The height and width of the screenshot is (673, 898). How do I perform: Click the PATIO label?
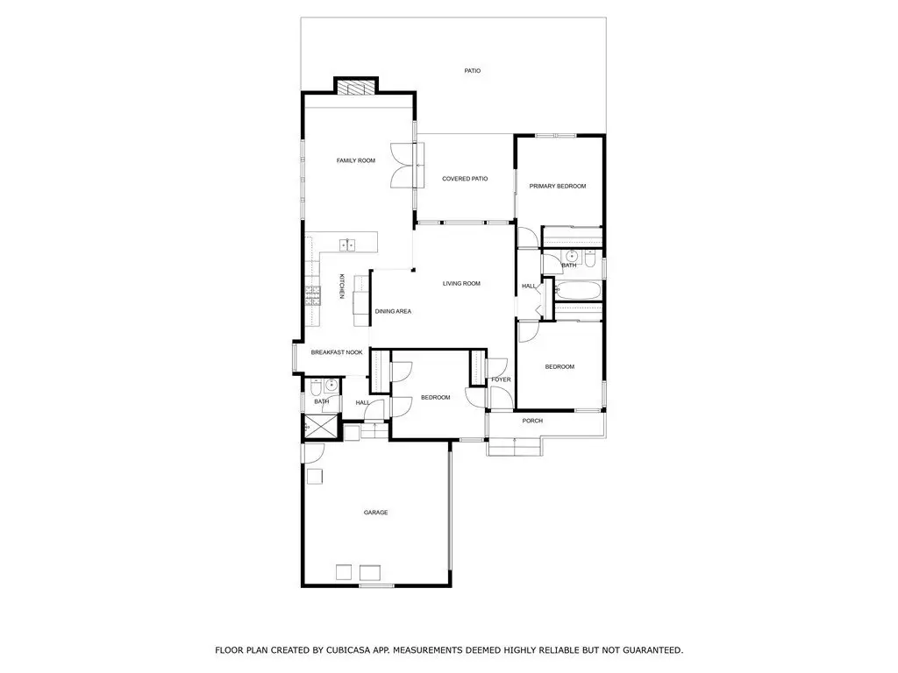pyautogui.click(x=473, y=71)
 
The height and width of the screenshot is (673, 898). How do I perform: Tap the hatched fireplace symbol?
pyautogui.click(x=356, y=88)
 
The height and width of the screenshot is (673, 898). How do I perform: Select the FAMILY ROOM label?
pyautogui.click(x=356, y=161)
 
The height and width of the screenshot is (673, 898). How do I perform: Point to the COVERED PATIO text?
pyautogui.click(x=465, y=179)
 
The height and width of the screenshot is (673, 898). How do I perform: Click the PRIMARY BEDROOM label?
pyautogui.click(x=558, y=187)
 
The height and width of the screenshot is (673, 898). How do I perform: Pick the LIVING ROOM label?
pyautogui.click(x=461, y=284)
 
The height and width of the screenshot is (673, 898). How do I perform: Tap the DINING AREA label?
pyautogui.click(x=394, y=312)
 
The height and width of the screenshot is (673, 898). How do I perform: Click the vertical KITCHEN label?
pyautogui.click(x=342, y=286)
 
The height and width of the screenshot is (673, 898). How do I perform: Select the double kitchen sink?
pyautogui.click(x=347, y=245)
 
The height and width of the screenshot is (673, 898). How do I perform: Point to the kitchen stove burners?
pyautogui.click(x=313, y=294)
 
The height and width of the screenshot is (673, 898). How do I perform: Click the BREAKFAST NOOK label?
pyautogui.click(x=337, y=352)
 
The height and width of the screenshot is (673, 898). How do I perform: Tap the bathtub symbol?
pyautogui.click(x=577, y=291)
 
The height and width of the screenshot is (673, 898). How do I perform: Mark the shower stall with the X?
pyautogui.click(x=313, y=426)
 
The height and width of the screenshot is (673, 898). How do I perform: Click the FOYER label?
pyautogui.click(x=501, y=380)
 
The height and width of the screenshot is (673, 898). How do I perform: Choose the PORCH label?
pyautogui.click(x=532, y=422)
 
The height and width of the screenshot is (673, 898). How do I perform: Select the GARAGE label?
pyautogui.click(x=375, y=513)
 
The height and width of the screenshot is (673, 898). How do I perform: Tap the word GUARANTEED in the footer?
pyautogui.click(x=652, y=650)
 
